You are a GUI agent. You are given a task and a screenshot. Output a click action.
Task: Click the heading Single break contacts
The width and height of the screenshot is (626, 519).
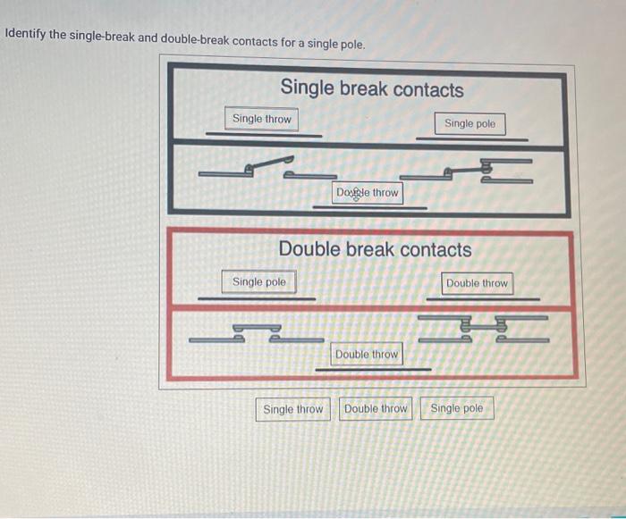pyautogui.click(x=372, y=89)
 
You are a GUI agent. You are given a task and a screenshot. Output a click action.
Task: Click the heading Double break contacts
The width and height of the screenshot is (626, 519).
pyautogui.click(x=376, y=249)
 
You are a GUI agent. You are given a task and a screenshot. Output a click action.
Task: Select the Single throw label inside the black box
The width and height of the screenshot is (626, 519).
pyautogui.click(x=262, y=119)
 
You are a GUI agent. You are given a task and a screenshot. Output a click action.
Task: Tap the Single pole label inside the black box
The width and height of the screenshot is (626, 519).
pyautogui.click(x=469, y=123)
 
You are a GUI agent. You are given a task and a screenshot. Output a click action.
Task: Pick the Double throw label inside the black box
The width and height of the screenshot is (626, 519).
pyautogui.click(x=368, y=192)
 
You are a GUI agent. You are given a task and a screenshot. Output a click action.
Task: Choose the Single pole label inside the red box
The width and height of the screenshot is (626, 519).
pyautogui.click(x=259, y=282)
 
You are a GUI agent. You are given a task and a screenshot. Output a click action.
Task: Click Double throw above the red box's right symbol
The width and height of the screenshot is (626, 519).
pyautogui.click(x=477, y=283)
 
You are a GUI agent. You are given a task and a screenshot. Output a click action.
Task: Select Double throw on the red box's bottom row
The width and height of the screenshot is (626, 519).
pyautogui.click(x=367, y=355)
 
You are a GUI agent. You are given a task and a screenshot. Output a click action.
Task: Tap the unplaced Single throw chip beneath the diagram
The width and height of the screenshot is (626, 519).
pyautogui.click(x=293, y=409)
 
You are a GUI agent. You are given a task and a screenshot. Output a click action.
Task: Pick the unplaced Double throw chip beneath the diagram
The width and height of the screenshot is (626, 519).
pyautogui.click(x=376, y=409)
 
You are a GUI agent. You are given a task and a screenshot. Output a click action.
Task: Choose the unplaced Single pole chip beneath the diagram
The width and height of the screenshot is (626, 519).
pyautogui.click(x=456, y=409)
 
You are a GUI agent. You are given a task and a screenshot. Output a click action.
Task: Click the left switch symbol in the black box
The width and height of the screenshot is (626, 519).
pyautogui.click(x=267, y=166)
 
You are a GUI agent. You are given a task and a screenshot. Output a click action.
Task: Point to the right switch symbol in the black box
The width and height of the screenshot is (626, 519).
pyautogui.click(x=466, y=169)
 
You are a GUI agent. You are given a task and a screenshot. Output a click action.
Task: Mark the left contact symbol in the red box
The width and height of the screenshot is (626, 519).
pyautogui.click(x=256, y=333)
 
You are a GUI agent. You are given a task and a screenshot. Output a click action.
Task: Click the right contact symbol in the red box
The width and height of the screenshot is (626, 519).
pyautogui.click(x=482, y=329)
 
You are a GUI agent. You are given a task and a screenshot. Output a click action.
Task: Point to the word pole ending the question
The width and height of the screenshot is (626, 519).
pyautogui.click(x=350, y=44)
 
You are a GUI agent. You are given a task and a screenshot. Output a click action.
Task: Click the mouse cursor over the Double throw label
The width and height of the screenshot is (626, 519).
pyautogui.click(x=356, y=194)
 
